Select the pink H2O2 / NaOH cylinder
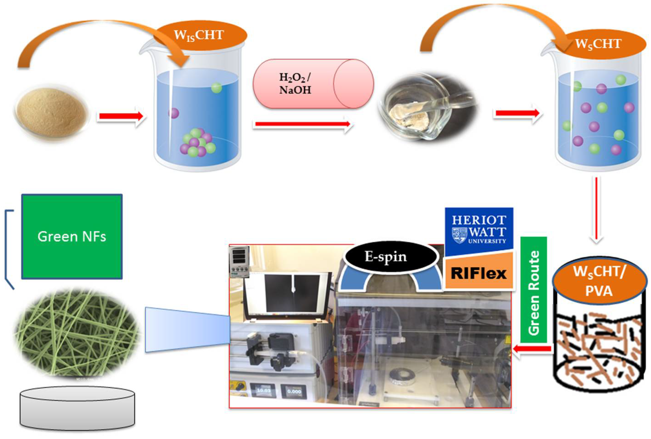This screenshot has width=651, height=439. pyautogui.click(x=313, y=84)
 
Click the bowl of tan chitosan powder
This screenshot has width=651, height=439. pyautogui.click(x=51, y=113)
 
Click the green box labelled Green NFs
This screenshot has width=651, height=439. pyautogui.click(x=72, y=237)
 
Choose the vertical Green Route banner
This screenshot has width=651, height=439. pyautogui.click(x=534, y=290)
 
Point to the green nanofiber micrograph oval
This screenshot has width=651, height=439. pyautogui.click(x=76, y=333)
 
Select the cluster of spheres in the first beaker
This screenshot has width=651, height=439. pyautogui.click(x=197, y=142)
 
